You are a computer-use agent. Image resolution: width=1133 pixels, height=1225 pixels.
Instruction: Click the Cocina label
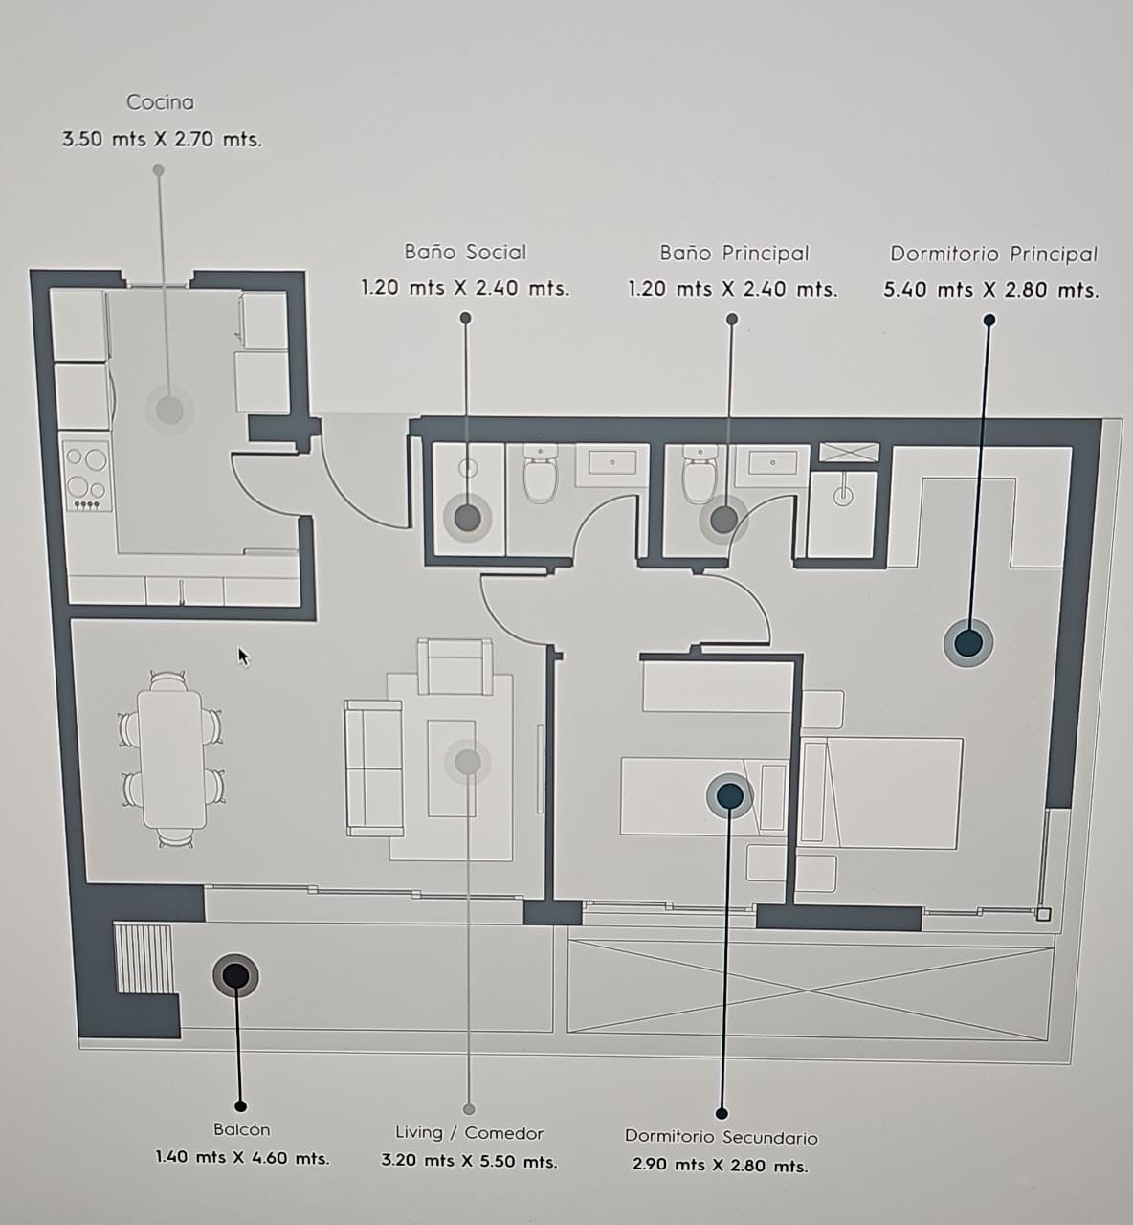pyautogui.click(x=161, y=101)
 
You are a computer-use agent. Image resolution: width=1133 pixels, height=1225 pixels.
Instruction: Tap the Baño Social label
pyautogui.click(x=466, y=253)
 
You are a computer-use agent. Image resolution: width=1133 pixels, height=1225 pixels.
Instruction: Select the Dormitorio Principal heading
pyautogui.click(x=993, y=255)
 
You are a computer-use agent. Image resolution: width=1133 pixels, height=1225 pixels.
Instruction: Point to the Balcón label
pyautogui.click(x=242, y=1129)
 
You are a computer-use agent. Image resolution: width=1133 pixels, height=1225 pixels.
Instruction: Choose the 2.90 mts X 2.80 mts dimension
pyautogui.click(x=720, y=1165)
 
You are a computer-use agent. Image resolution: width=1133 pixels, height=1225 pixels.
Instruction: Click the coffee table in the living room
pyautogui.click(x=452, y=768)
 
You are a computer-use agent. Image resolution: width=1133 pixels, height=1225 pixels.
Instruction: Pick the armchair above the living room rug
pyautogui.click(x=455, y=666)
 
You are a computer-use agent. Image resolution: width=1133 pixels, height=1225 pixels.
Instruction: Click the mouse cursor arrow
pyautogui.click(x=244, y=657)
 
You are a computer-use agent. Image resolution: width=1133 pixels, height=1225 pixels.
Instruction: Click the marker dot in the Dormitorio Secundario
pyautogui.click(x=729, y=795)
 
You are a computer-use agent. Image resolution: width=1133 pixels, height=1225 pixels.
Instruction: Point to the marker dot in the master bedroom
pyautogui.click(x=968, y=643)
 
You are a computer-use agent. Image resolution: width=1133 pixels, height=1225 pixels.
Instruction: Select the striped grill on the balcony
pyautogui.click(x=144, y=959)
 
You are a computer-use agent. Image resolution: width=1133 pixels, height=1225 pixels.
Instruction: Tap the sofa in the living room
pyautogui.click(x=374, y=768)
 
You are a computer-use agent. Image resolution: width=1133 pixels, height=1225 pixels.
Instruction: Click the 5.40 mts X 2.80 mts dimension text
pyautogui.click(x=991, y=290)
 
